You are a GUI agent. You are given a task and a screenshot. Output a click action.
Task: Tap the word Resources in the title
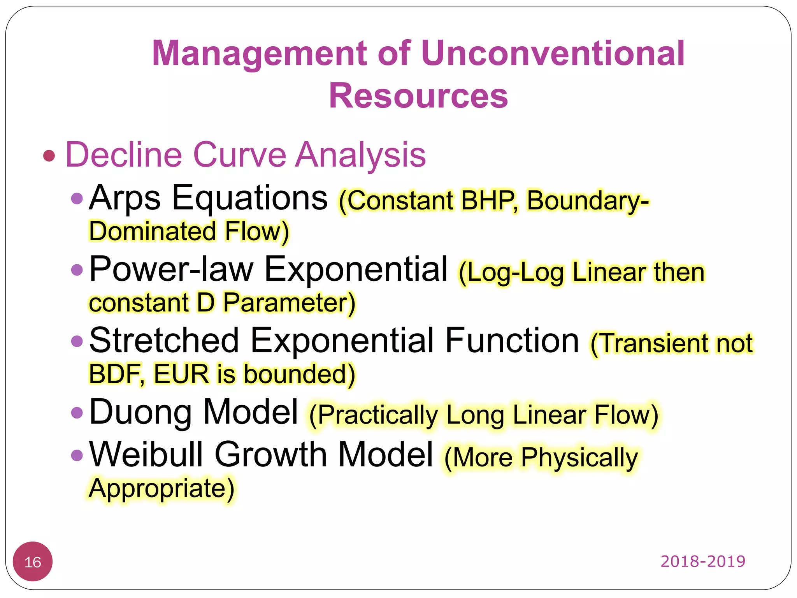[418, 96]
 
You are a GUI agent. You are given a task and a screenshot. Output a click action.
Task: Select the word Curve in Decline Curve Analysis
[239, 155]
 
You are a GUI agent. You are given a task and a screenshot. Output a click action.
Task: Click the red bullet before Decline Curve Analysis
[49, 156]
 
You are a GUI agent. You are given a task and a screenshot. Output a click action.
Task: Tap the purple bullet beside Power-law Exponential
[77, 269]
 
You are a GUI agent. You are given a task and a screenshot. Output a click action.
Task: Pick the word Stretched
[164, 341]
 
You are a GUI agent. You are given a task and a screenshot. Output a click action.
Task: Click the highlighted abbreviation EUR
[181, 374]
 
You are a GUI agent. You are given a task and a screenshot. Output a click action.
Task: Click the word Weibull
[146, 455]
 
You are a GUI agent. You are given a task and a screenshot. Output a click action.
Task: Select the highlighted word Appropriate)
[161, 489]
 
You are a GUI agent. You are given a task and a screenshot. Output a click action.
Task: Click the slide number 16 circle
[33, 562]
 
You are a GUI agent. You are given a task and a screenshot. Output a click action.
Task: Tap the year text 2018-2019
[702, 561]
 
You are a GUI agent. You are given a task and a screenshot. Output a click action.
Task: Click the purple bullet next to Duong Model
[77, 413]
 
